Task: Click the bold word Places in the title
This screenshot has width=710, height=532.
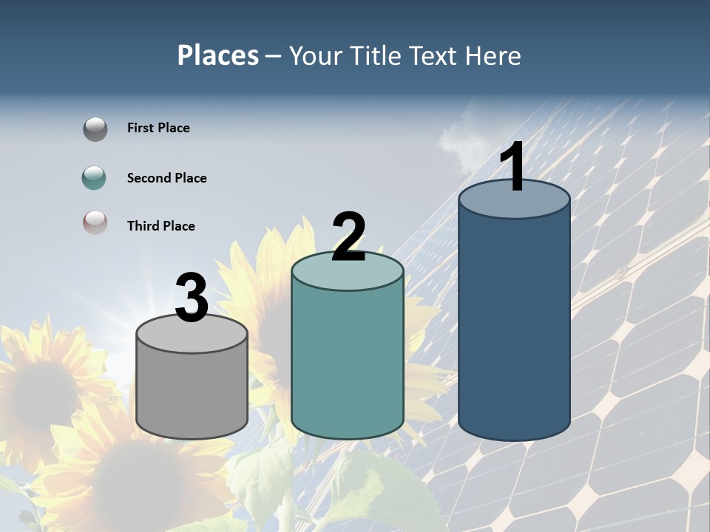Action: pos(218,55)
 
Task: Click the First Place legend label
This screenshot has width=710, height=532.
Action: pos(158,128)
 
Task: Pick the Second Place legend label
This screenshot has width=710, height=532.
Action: pos(166,178)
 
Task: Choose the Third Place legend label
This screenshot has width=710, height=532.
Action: pos(160,226)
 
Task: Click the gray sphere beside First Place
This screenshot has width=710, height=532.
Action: pos(95,129)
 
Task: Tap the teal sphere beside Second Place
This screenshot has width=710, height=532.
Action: pos(95,178)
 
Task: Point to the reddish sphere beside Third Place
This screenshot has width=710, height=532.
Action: pos(95,222)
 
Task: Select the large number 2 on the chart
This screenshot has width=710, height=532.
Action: pos(348,237)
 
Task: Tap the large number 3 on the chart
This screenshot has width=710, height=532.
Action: pos(192,299)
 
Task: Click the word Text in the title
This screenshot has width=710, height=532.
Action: pos(436,55)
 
